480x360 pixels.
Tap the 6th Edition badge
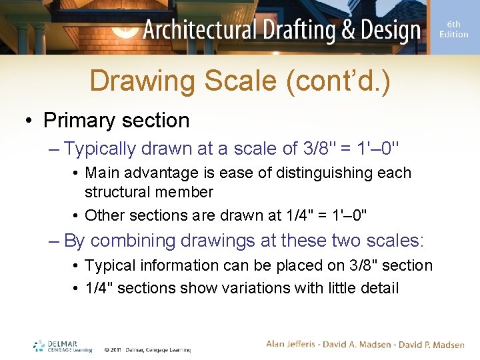pyautogui.click(x=453, y=29)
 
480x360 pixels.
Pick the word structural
pyautogui.click(x=115, y=192)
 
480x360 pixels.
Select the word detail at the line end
pyautogui.click(x=377, y=288)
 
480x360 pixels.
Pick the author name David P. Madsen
pyautogui.click(x=431, y=344)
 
